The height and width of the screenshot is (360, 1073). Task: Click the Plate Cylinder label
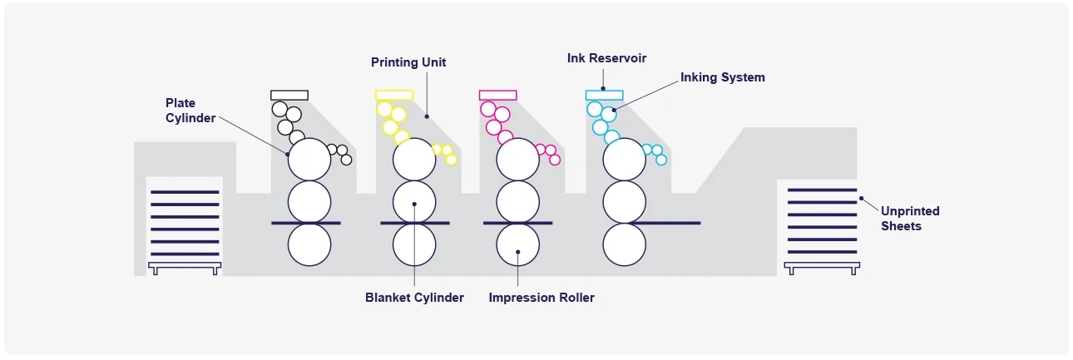click(x=190, y=111)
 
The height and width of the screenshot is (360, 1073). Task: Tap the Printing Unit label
click(x=408, y=62)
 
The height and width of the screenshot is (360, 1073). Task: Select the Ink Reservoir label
click(x=606, y=58)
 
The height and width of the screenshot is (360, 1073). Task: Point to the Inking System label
click(x=722, y=77)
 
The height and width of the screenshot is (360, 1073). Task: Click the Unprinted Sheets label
click(x=910, y=219)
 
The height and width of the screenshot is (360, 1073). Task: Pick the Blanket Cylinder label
click(x=414, y=298)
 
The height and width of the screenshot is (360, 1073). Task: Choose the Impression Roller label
click(x=541, y=298)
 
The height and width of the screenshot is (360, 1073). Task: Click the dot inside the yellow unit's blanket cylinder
click(x=414, y=205)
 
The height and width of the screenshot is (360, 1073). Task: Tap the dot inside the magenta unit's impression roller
click(x=518, y=252)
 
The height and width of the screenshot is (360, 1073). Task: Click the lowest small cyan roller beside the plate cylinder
click(x=661, y=160)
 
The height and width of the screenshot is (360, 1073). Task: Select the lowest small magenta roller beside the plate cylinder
click(x=555, y=160)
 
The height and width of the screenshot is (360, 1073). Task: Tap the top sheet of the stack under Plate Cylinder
click(x=185, y=192)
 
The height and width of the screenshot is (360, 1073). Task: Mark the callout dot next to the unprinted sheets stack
click(x=861, y=198)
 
